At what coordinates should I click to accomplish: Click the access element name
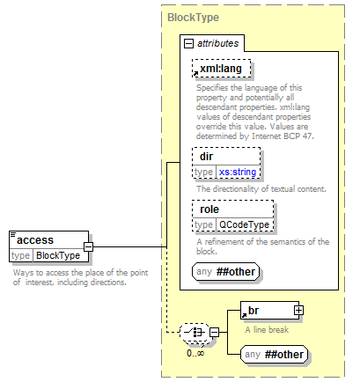tap(35, 240)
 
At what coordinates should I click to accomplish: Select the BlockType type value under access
tap(58, 255)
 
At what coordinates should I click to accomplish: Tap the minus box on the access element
tap(88, 246)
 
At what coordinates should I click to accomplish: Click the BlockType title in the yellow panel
tap(193, 18)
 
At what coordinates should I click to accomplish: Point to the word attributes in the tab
tap(217, 43)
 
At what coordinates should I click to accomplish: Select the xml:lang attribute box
tap(222, 69)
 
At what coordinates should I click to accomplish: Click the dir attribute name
tap(206, 157)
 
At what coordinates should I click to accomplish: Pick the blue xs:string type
tap(238, 172)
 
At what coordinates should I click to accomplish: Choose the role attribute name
tap(209, 209)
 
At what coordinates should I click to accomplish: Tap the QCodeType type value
tap(244, 224)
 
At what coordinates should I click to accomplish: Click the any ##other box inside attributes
tap(225, 271)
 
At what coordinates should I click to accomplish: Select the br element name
tap(253, 311)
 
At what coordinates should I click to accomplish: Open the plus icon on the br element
tap(298, 311)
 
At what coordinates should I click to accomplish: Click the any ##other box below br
tap(274, 355)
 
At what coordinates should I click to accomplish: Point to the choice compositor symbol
tap(195, 333)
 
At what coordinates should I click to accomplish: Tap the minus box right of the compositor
tap(215, 333)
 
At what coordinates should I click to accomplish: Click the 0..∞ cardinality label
tap(195, 353)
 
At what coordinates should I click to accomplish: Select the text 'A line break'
tap(267, 330)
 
